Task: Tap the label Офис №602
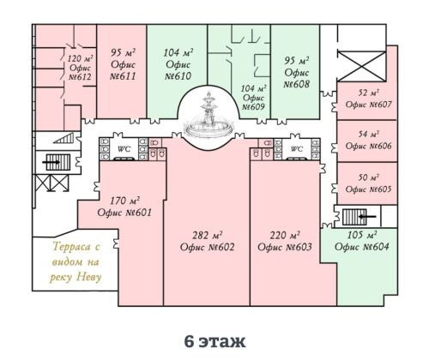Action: point(207,247)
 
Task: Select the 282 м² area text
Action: point(208,235)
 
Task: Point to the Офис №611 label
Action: point(123,70)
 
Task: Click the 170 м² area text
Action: point(125,201)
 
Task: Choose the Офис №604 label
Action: point(362,247)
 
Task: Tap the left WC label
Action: point(124,149)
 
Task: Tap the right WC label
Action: point(297,149)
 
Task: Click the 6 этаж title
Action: point(214,341)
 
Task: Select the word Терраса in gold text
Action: point(76,247)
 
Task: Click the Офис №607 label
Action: point(368,105)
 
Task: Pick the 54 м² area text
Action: point(369,134)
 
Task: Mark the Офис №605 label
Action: point(368,189)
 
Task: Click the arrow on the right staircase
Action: point(367,217)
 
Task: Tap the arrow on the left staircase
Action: point(51,162)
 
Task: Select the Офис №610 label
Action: point(178,70)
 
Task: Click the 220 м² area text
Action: point(285,235)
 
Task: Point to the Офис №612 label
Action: point(80,73)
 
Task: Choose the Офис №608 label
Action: point(297,78)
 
